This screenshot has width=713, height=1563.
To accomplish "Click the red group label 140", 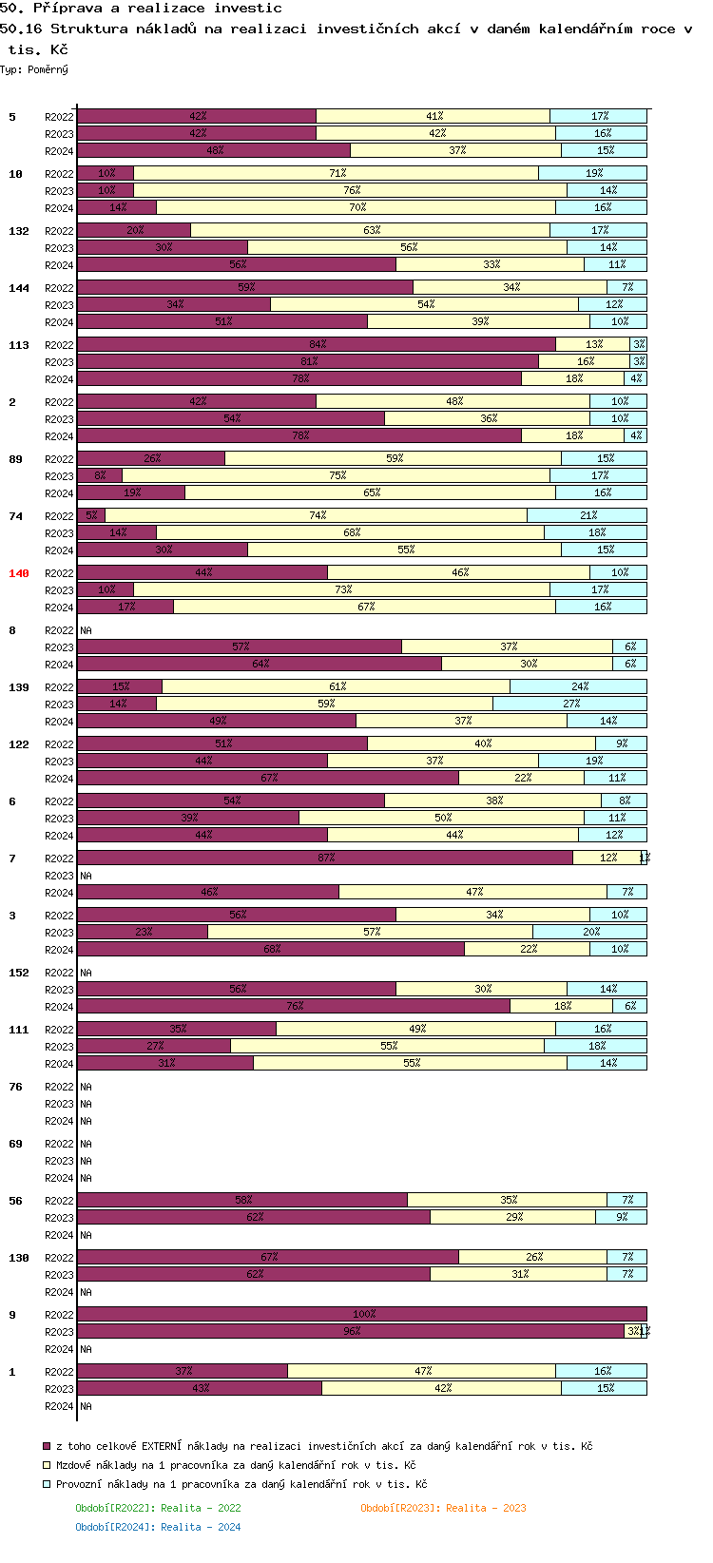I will pos(19,573).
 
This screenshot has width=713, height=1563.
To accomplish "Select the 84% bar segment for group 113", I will pos(317,344).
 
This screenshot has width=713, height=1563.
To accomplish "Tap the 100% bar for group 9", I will pos(362,1314).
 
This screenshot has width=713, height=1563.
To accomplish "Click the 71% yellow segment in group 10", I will pos(337,173).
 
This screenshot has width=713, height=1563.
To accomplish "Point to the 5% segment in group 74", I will pos(91,515).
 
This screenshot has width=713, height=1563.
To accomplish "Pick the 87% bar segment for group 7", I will pos(325,858).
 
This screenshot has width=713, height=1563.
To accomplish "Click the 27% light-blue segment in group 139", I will pos(570,704).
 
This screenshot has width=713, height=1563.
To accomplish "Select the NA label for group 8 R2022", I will pos(86,630).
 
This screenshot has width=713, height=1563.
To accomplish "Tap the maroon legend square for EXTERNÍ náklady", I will pos(47,1446).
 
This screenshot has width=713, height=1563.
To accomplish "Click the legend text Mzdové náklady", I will pos(236,1465).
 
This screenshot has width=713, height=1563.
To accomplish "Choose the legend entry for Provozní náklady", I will pos(241,1484).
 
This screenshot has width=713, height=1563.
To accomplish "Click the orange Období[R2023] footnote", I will pos(443,1508).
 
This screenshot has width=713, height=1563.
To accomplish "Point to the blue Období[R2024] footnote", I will pos(158,1527).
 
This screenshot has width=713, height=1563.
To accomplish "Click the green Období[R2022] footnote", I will pos(158,1508).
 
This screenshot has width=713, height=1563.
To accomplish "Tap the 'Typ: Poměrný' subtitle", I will pos(34,69).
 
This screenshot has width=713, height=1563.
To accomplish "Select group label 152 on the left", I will pos(19,973).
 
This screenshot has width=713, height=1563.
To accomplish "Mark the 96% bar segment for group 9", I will pos(351,1331).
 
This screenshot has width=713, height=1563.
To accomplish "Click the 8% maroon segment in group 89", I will pos(100,475).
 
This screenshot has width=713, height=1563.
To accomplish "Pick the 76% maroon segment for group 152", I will pos(294,1006).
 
